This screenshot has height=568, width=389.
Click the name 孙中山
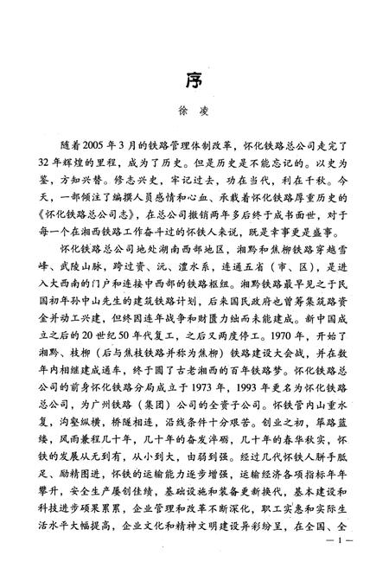[x=115, y=295]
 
